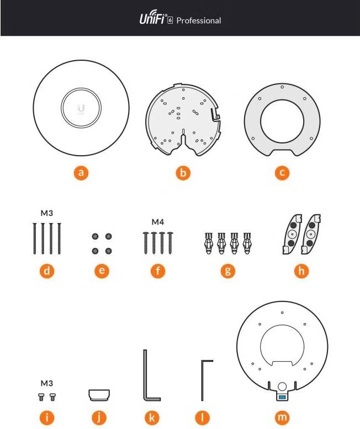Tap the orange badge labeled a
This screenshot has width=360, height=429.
click(81, 173)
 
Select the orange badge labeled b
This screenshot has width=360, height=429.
click(183, 173)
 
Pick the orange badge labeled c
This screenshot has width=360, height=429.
click(282, 173)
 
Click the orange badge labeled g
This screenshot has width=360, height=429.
click(227, 271)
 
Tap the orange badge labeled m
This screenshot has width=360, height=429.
click(282, 417)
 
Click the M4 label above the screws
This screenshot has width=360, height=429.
click(158, 223)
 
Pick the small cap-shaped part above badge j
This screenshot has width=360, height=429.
click(99, 395)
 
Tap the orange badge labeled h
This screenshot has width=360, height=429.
click(301, 271)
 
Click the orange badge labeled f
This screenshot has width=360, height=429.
click(158, 271)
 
